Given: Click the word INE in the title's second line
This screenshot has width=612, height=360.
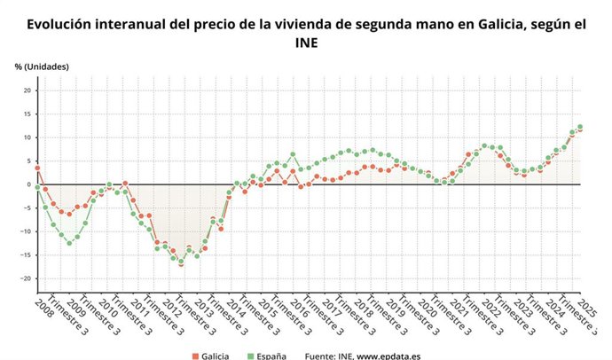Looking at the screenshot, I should click(x=306, y=43).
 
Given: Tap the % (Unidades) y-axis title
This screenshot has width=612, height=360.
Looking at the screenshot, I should click(x=42, y=67).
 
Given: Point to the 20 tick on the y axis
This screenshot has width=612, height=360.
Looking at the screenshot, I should click(x=27, y=90).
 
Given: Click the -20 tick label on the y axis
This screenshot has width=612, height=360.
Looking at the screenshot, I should click(x=25, y=278).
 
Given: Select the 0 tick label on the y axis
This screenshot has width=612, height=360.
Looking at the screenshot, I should click(x=29, y=184).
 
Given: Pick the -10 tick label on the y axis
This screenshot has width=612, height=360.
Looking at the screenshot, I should click(x=25, y=231).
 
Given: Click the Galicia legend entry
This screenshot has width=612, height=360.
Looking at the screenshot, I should click(x=216, y=356).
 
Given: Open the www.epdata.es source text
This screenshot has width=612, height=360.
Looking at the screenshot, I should click(x=392, y=356).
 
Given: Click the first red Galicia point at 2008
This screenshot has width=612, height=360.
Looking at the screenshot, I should click(x=37, y=168).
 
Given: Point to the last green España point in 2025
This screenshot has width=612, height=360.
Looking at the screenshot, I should click(x=580, y=127).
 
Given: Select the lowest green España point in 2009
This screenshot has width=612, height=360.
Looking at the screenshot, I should click(x=69, y=243).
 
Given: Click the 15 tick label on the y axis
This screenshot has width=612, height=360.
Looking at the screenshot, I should click(x=27, y=113).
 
